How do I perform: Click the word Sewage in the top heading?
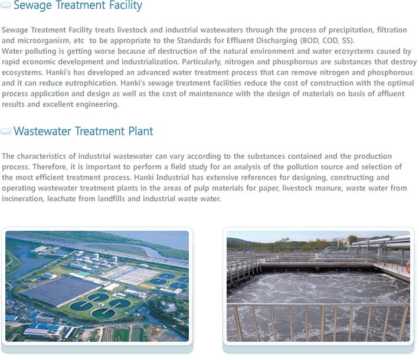(32, 5)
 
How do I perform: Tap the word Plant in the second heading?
(140, 131)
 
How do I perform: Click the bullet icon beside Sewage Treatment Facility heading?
(5, 5)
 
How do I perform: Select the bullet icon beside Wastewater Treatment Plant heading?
(5, 131)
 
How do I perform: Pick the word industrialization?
(150, 62)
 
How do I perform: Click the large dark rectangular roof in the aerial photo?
(60, 291)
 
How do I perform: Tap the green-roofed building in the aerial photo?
(84, 274)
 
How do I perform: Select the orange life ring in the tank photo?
(408, 268)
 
